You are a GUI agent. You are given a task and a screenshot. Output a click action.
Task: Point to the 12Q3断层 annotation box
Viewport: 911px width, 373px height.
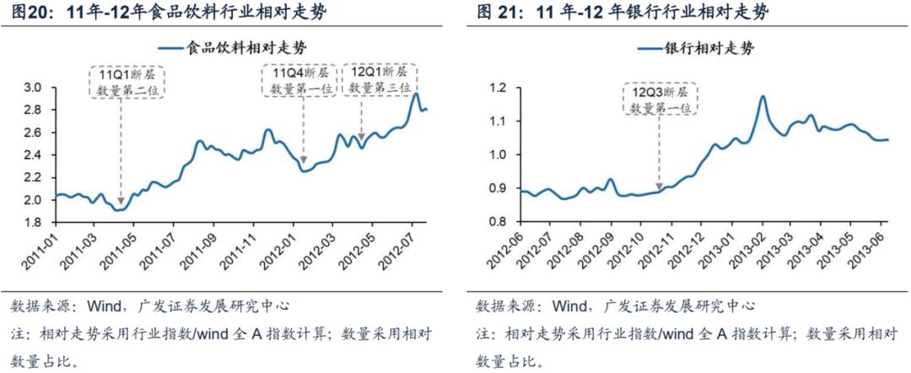[x=662, y=98]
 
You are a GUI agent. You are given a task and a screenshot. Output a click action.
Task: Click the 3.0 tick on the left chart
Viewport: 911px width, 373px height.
[x=33, y=88]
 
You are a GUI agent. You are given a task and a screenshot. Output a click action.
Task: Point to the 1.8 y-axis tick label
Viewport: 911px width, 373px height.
[x=33, y=223]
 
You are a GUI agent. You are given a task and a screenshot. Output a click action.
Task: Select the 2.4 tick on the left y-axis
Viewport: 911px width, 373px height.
[x=33, y=155]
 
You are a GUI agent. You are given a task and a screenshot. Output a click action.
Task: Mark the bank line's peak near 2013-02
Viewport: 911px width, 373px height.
[x=763, y=96]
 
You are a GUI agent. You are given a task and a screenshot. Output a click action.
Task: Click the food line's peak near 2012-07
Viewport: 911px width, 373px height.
[x=417, y=94]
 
